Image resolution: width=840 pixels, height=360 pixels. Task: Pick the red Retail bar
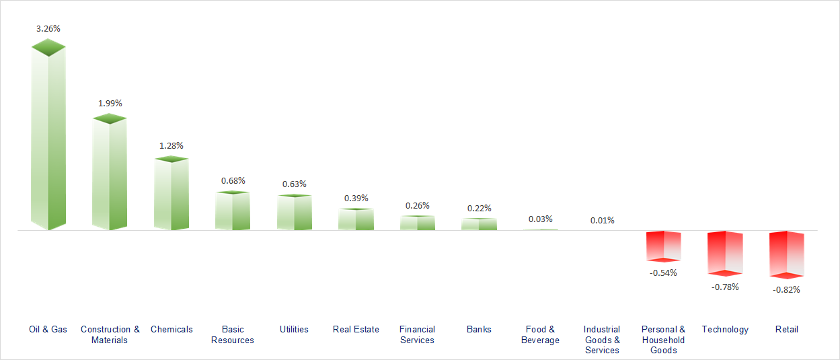click(787, 254)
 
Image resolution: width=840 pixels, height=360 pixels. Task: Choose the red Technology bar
click(725, 253)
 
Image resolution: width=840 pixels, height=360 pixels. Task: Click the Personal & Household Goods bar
click(663, 246)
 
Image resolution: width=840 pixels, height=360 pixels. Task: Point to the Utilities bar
click(295, 213)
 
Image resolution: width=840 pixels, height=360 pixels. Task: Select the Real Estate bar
click(356, 219)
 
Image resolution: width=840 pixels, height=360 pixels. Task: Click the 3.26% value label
click(48, 29)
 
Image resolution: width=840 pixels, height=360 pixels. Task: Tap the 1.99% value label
click(110, 103)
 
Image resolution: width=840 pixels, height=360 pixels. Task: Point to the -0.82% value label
click(787, 289)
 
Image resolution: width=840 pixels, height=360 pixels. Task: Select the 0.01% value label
click(602, 220)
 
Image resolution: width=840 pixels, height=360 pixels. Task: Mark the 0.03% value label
click(540, 219)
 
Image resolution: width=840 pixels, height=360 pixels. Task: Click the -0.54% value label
click(663, 273)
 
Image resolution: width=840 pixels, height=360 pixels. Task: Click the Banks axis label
click(479, 329)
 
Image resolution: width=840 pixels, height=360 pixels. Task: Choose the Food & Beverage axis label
click(540, 334)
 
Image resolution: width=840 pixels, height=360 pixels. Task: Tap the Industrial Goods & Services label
click(602, 339)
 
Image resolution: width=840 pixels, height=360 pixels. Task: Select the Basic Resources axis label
click(233, 334)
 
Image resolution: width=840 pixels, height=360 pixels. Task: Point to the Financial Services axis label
click(417, 334)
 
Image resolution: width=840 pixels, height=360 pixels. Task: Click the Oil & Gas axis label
click(48, 329)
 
